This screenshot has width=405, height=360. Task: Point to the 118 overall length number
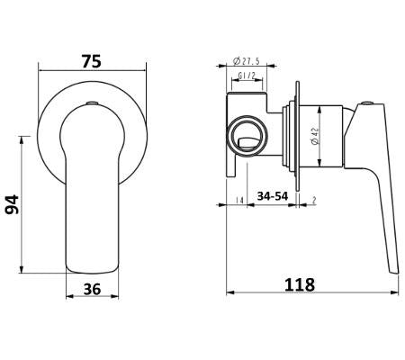click(299, 284)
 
